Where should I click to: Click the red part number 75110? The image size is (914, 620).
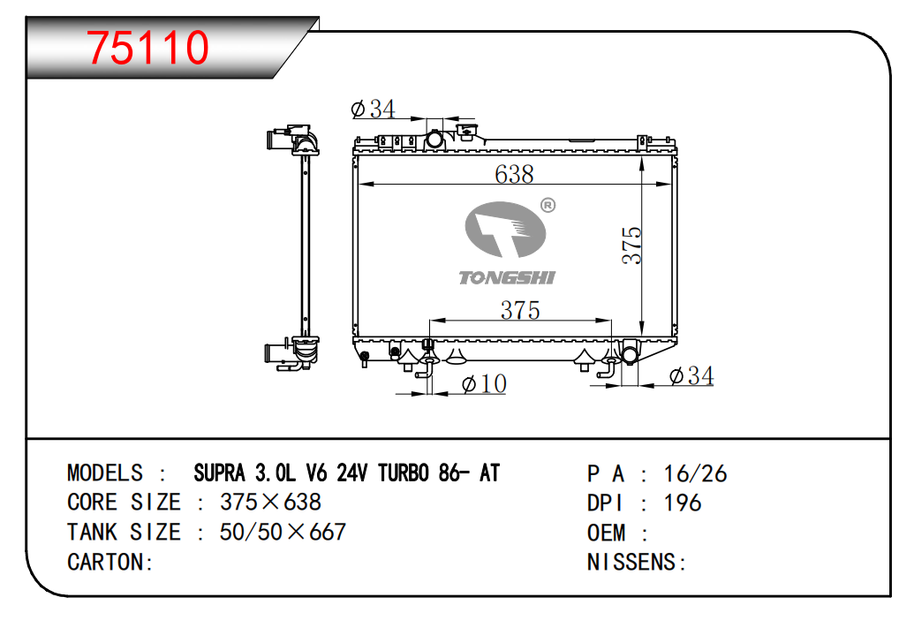[x=148, y=47]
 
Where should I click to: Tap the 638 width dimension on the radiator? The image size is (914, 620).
[x=514, y=174]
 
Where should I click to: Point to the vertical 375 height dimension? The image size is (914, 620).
[x=631, y=246]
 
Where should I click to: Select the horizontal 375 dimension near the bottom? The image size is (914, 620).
[x=520, y=310]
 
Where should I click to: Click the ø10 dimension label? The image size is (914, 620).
[x=484, y=384]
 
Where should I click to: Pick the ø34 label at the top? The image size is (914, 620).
[x=373, y=109]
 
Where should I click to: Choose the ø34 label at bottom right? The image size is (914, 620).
[x=691, y=376]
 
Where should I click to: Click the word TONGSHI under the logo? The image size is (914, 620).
[x=507, y=278]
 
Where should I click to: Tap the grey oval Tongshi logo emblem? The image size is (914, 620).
[x=505, y=230]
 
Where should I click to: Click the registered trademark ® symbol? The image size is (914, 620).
[x=548, y=205]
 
